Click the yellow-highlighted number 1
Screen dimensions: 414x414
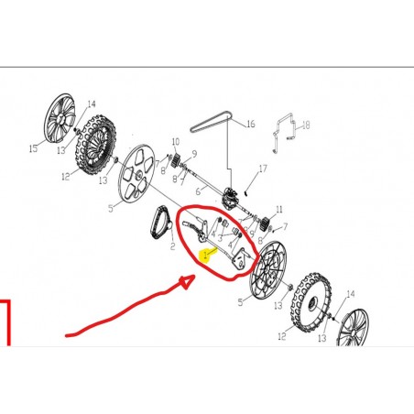[x=205, y=256]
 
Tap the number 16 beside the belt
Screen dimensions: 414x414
[x=250, y=124]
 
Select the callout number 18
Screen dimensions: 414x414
[x=306, y=125]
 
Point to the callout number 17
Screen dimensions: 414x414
[x=263, y=169]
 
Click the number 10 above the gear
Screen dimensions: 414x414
[x=176, y=142]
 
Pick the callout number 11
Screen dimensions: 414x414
[x=279, y=210]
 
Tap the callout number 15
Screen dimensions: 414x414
[x=33, y=148]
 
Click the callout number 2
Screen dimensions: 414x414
[x=173, y=246]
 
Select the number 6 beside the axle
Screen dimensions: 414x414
[x=198, y=191]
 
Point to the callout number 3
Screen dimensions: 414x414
[x=220, y=238]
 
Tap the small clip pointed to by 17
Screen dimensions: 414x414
[x=246, y=192]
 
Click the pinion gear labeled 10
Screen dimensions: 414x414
[x=176, y=160]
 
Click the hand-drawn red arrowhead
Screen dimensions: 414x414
[x=187, y=281]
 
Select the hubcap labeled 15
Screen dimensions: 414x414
[x=60, y=118]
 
